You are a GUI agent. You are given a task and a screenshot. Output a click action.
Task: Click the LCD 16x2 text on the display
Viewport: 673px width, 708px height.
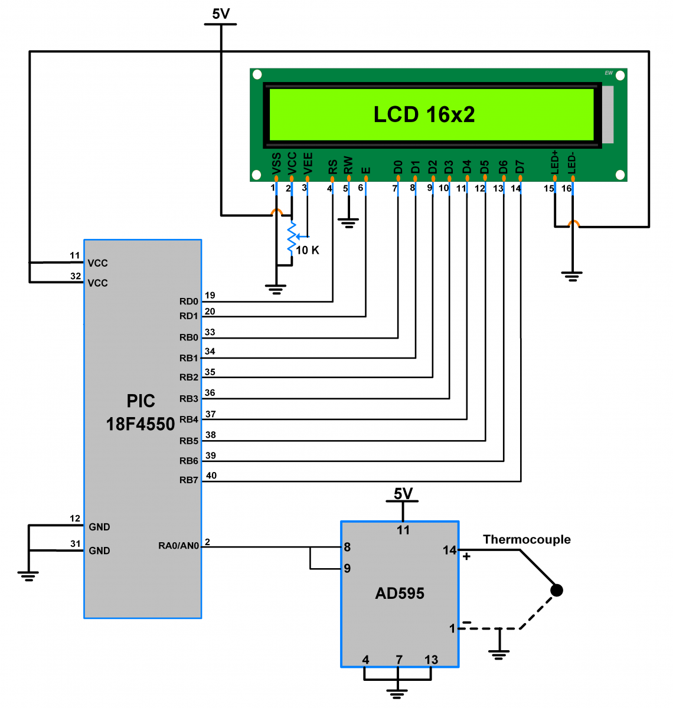424,114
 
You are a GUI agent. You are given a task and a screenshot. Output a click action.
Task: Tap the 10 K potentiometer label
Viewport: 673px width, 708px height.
307,250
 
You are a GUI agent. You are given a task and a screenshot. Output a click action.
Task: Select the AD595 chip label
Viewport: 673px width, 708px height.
400,594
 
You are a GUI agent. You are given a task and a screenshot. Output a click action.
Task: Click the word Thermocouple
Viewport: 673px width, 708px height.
527,539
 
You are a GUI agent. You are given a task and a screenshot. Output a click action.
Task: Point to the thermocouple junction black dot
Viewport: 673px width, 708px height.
556,590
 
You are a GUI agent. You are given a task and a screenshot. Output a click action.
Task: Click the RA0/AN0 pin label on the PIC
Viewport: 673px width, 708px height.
178,546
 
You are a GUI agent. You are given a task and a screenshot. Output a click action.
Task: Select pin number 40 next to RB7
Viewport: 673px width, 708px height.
211,476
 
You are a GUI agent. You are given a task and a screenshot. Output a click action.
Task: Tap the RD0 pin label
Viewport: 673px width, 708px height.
189,301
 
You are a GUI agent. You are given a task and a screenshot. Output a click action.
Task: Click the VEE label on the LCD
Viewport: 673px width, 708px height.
308,163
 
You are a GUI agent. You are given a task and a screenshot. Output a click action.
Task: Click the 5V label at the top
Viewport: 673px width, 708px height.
220,14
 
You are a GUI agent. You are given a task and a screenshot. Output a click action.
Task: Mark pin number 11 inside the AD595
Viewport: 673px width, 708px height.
403,530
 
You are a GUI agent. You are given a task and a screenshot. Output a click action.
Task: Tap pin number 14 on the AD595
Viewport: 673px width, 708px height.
449,550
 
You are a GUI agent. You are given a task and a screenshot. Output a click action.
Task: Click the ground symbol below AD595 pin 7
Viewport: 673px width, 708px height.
398,693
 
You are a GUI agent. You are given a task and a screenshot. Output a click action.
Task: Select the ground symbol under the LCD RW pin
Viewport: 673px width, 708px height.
348,224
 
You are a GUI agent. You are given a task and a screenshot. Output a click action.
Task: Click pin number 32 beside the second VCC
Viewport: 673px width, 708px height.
76,276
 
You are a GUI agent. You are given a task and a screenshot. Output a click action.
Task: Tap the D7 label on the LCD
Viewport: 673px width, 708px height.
520,166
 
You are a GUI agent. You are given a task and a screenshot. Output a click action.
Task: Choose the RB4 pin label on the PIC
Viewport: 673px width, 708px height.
189,419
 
